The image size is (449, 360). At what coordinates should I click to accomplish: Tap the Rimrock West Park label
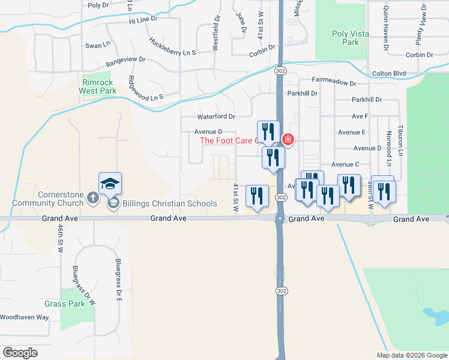(x=97, y=86)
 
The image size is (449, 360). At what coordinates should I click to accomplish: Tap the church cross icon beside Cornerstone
(x=93, y=197)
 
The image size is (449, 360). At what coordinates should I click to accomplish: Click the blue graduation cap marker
(x=110, y=184)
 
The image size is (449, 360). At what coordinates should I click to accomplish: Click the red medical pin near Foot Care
(x=288, y=140)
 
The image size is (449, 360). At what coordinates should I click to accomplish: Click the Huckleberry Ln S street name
(x=172, y=48)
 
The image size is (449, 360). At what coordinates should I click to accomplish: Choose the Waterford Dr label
(x=216, y=116)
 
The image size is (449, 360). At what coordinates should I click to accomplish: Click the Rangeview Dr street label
(x=125, y=61)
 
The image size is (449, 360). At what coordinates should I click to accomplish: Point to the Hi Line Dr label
(x=142, y=19)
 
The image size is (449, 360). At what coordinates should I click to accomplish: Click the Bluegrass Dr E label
(x=118, y=278)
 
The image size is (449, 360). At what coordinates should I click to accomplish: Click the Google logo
(x=20, y=353)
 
